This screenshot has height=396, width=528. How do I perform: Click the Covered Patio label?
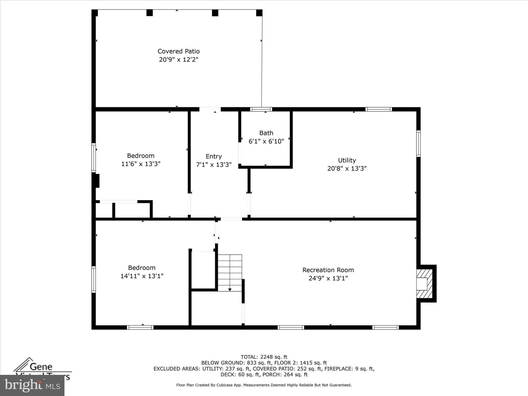click(178, 51)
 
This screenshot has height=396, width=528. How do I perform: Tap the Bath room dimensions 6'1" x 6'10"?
click(266, 141)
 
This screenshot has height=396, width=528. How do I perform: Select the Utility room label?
click(347, 160)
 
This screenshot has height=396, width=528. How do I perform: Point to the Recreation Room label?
click(328, 270)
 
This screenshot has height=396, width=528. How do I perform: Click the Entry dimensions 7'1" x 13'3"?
click(214, 165)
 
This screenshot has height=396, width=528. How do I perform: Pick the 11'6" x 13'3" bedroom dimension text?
click(141, 164)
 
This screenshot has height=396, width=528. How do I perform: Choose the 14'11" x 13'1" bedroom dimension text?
click(142, 276)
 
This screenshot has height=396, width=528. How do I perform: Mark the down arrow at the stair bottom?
click(230, 290)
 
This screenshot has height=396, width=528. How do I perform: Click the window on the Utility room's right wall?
click(418, 144)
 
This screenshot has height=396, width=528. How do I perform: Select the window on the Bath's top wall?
click(261, 109)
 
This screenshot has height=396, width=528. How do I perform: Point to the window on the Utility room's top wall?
click(378, 109)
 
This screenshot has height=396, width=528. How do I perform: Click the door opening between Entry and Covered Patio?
click(210, 109)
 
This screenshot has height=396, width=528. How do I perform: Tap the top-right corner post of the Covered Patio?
click(259, 13)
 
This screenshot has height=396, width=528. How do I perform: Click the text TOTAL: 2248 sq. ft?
click(264, 357)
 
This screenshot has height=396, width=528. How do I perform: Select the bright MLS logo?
click(32, 385)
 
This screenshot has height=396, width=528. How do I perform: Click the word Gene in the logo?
click(41, 367)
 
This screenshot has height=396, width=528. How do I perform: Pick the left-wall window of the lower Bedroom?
click(94, 279)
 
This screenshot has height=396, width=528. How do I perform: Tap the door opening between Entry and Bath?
click(240, 153)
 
